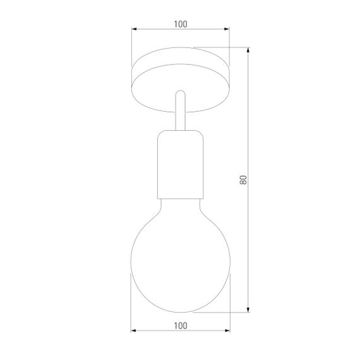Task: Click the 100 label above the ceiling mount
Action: point(180,24)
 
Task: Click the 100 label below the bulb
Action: point(180,326)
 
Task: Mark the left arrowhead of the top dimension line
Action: point(134,30)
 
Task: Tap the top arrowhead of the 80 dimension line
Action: point(248,49)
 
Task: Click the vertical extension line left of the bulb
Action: point(131,303)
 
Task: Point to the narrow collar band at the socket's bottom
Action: point(180,192)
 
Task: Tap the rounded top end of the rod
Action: point(180,92)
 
